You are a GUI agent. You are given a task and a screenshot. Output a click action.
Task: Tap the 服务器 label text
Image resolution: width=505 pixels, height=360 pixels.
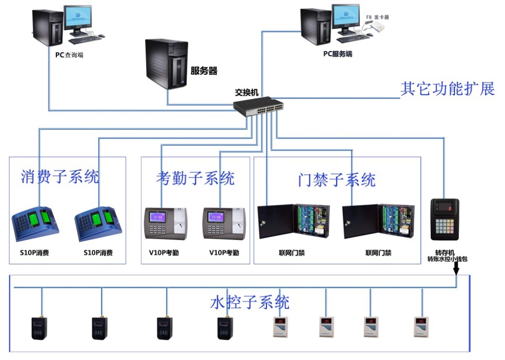click(204, 71)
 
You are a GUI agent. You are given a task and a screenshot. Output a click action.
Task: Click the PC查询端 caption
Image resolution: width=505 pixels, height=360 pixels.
click(69, 55)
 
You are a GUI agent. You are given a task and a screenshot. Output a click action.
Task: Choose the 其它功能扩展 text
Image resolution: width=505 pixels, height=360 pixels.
click(447, 89)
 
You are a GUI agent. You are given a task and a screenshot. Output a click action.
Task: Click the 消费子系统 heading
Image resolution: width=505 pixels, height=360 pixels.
click(60, 176)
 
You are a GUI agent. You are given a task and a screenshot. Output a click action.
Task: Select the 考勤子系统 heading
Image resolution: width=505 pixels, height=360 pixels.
click(195, 178)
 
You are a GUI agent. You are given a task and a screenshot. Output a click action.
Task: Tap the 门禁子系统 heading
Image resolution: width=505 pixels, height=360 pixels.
click(337, 180)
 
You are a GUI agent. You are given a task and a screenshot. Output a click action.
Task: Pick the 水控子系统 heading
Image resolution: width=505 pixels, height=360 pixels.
click(250, 303)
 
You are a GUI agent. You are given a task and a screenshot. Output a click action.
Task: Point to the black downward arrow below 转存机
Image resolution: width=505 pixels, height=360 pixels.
click(456, 268)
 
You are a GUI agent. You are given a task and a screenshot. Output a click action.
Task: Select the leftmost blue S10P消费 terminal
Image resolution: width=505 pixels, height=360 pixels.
click(34, 224)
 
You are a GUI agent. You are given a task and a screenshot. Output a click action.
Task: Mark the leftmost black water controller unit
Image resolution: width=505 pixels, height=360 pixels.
click(39, 328)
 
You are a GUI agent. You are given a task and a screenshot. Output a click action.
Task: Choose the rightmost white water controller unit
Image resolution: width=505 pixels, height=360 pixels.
click(421, 326)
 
